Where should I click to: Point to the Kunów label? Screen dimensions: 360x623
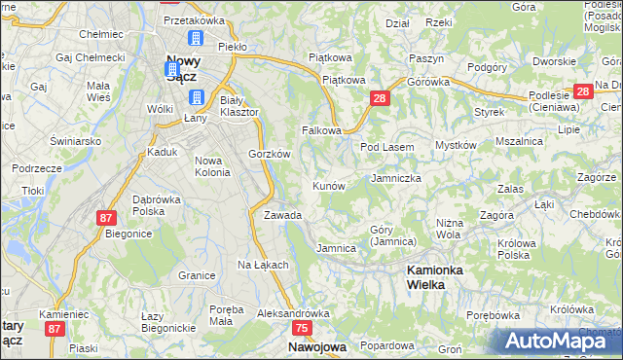pyautogui.click(x=328, y=185)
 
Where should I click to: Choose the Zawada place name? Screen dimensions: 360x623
pyautogui.click(x=282, y=215)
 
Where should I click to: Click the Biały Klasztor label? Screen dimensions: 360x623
pyautogui.click(x=238, y=106)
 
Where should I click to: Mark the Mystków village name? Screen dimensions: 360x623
pyautogui.click(x=455, y=145)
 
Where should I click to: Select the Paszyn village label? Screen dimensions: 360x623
pyautogui.click(x=426, y=58)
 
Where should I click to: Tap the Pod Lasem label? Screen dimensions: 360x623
pyautogui.click(x=387, y=147)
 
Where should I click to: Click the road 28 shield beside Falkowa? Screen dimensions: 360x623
pyautogui.click(x=380, y=98)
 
